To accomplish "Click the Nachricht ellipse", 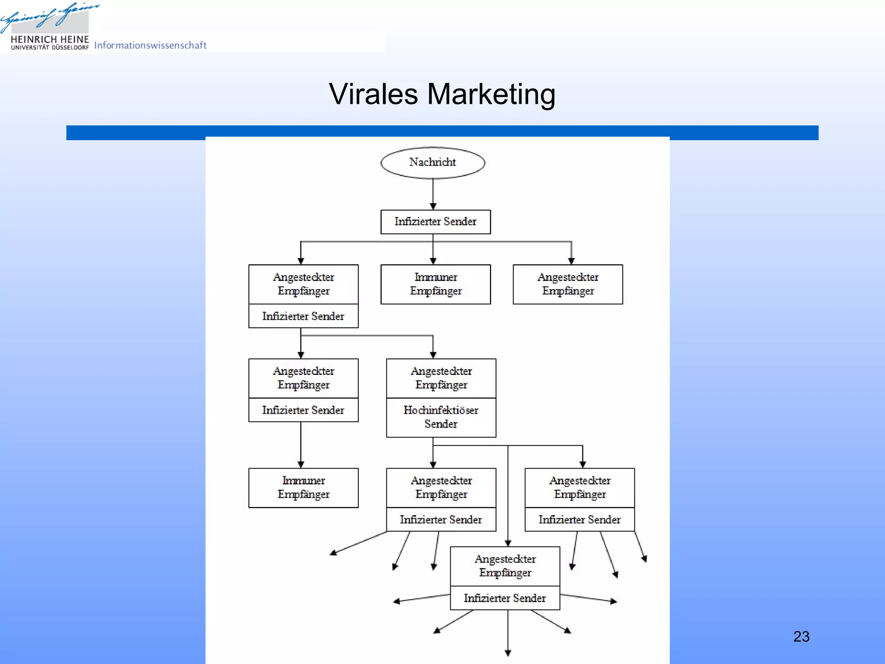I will point(433,163).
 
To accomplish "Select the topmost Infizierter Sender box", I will point(435,222).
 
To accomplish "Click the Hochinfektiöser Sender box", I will point(441,417).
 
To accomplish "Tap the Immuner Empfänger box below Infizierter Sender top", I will point(435,284).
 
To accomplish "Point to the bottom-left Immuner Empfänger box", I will point(303,488).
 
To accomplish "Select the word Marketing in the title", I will point(491,94).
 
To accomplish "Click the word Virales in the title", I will point(373,94).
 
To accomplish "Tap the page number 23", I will point(801,636).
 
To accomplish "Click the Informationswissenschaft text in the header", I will point(150,45).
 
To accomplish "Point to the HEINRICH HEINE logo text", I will point(50,39).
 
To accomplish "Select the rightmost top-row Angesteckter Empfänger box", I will point(567,284).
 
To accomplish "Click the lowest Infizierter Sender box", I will point(505,598).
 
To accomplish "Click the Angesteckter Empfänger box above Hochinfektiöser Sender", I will point(441,378).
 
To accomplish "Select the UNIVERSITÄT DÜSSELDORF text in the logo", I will point(50,48).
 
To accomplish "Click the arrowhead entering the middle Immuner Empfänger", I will point(433,261).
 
